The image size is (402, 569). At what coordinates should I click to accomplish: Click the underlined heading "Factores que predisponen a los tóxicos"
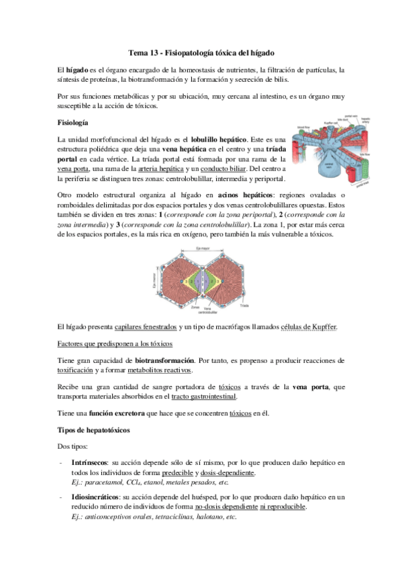click(115, 344)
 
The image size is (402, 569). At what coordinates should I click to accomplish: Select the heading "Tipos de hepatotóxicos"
click(94, 429)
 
